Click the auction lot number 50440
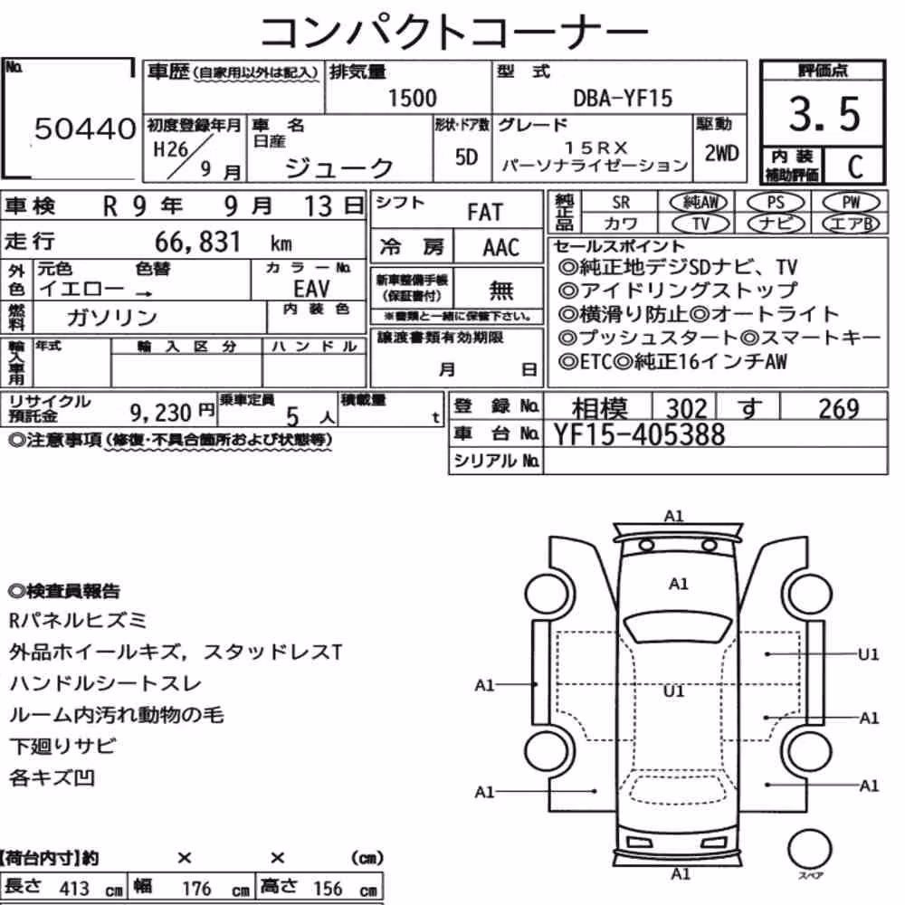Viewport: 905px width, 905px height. point(85,129)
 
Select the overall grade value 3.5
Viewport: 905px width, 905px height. point(824,114)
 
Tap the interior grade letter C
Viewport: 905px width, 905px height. point(855,167)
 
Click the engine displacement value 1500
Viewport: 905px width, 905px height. point(412,98)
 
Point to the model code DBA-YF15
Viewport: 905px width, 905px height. point(623,98)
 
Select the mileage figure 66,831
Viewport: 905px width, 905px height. point(197,242)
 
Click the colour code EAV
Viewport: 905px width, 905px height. point(311,289)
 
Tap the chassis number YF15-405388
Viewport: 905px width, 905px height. point(639,434)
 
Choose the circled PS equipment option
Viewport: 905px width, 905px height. point(776,203)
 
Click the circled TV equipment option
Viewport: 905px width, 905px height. point(700,224)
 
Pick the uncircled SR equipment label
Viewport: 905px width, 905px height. point(621,203)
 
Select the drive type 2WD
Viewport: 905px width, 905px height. point(721,154)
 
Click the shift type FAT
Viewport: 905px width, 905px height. point(485,213)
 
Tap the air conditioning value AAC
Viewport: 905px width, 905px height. point(501,248)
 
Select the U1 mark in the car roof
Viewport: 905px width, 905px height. point(673,691)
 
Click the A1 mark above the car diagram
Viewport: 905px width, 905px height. point(673,516)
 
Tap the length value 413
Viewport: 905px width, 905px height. point(74,889)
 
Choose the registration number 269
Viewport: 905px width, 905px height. point(839,409)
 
